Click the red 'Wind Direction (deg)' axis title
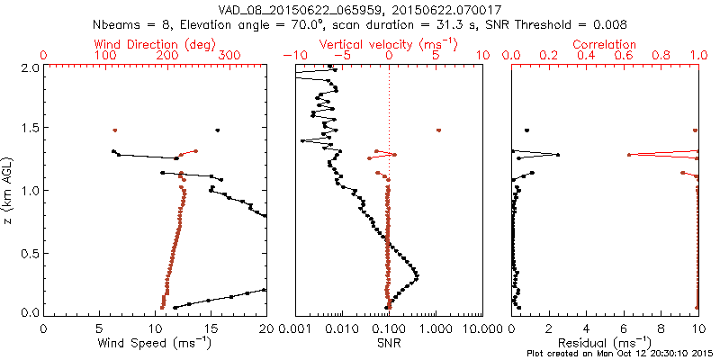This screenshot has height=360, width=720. pyautogui.click(x=155, y=43)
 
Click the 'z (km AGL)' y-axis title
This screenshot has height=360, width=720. pyautogui.click(x=8, y=190)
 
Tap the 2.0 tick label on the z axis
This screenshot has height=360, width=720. pyautogui.click(x=30, y=67)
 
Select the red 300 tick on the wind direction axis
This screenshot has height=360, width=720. pyautogui.click(x=229, y=56)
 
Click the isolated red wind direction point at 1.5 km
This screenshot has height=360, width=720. pyautogui.click(x=115, y=130)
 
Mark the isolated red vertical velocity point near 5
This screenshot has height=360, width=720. pyautogui.click(x=438, y=130)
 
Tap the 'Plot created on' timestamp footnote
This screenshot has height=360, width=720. pyautogui.click(x=620, y=354)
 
